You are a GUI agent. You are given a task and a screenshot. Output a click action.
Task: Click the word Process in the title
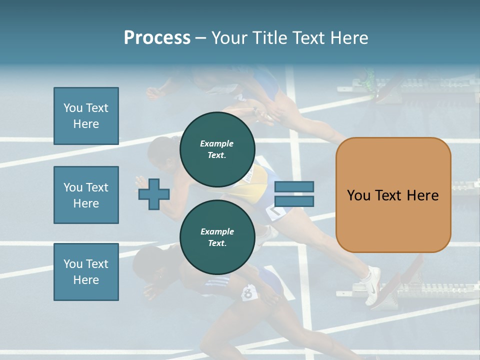tap(157, 38)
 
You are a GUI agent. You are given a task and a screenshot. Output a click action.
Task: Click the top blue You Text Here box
tap(86, 116)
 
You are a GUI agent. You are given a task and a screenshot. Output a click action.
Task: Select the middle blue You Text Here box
tap(86, 195)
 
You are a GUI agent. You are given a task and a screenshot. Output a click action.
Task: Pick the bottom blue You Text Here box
tap(86, 271)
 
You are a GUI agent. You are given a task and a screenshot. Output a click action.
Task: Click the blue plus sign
tap(154, 194)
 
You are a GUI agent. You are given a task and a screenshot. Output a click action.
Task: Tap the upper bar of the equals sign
tap(294, 186)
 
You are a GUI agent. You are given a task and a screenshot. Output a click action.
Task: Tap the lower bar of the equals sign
tap(294, 201)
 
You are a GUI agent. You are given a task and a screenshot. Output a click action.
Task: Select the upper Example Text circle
tap(217, 149)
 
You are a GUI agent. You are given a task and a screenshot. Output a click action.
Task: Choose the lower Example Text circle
tap(217, 237)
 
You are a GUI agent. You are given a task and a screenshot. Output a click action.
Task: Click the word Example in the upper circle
tap(217, 143)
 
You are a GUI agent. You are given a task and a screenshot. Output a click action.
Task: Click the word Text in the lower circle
tap(217, 243)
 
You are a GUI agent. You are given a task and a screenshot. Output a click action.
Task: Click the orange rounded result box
tap(393, 195)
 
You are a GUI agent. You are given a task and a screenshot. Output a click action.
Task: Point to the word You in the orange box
tap(358, 195)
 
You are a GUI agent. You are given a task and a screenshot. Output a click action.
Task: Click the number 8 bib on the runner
tap(247, 293)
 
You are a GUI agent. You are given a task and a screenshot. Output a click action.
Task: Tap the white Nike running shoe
tap(372, 285)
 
